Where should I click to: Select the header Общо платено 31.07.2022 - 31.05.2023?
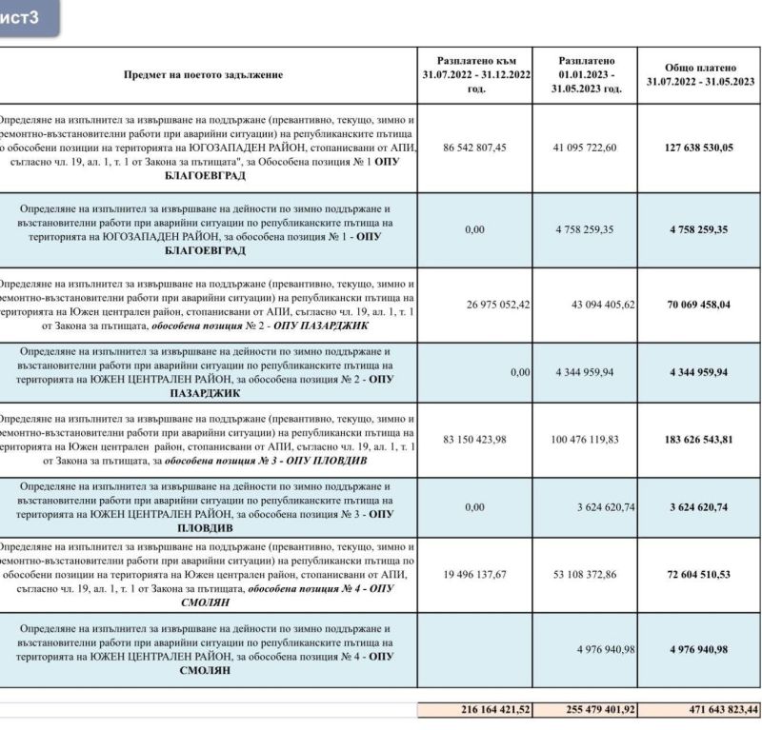click(700, 75)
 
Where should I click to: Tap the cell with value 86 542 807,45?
click(475, 148)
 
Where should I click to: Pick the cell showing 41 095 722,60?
click(585, 148)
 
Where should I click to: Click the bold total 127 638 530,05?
click(700, 148)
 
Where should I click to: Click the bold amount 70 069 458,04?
click(700, 305)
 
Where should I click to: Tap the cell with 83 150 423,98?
click(475, 440)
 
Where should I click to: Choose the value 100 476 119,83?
click(585, 440)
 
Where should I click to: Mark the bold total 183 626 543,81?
click(700, 440)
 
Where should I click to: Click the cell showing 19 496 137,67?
click(475, 574)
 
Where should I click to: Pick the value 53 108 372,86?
click(585, 574)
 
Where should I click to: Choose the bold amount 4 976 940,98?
click(700, 649)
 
